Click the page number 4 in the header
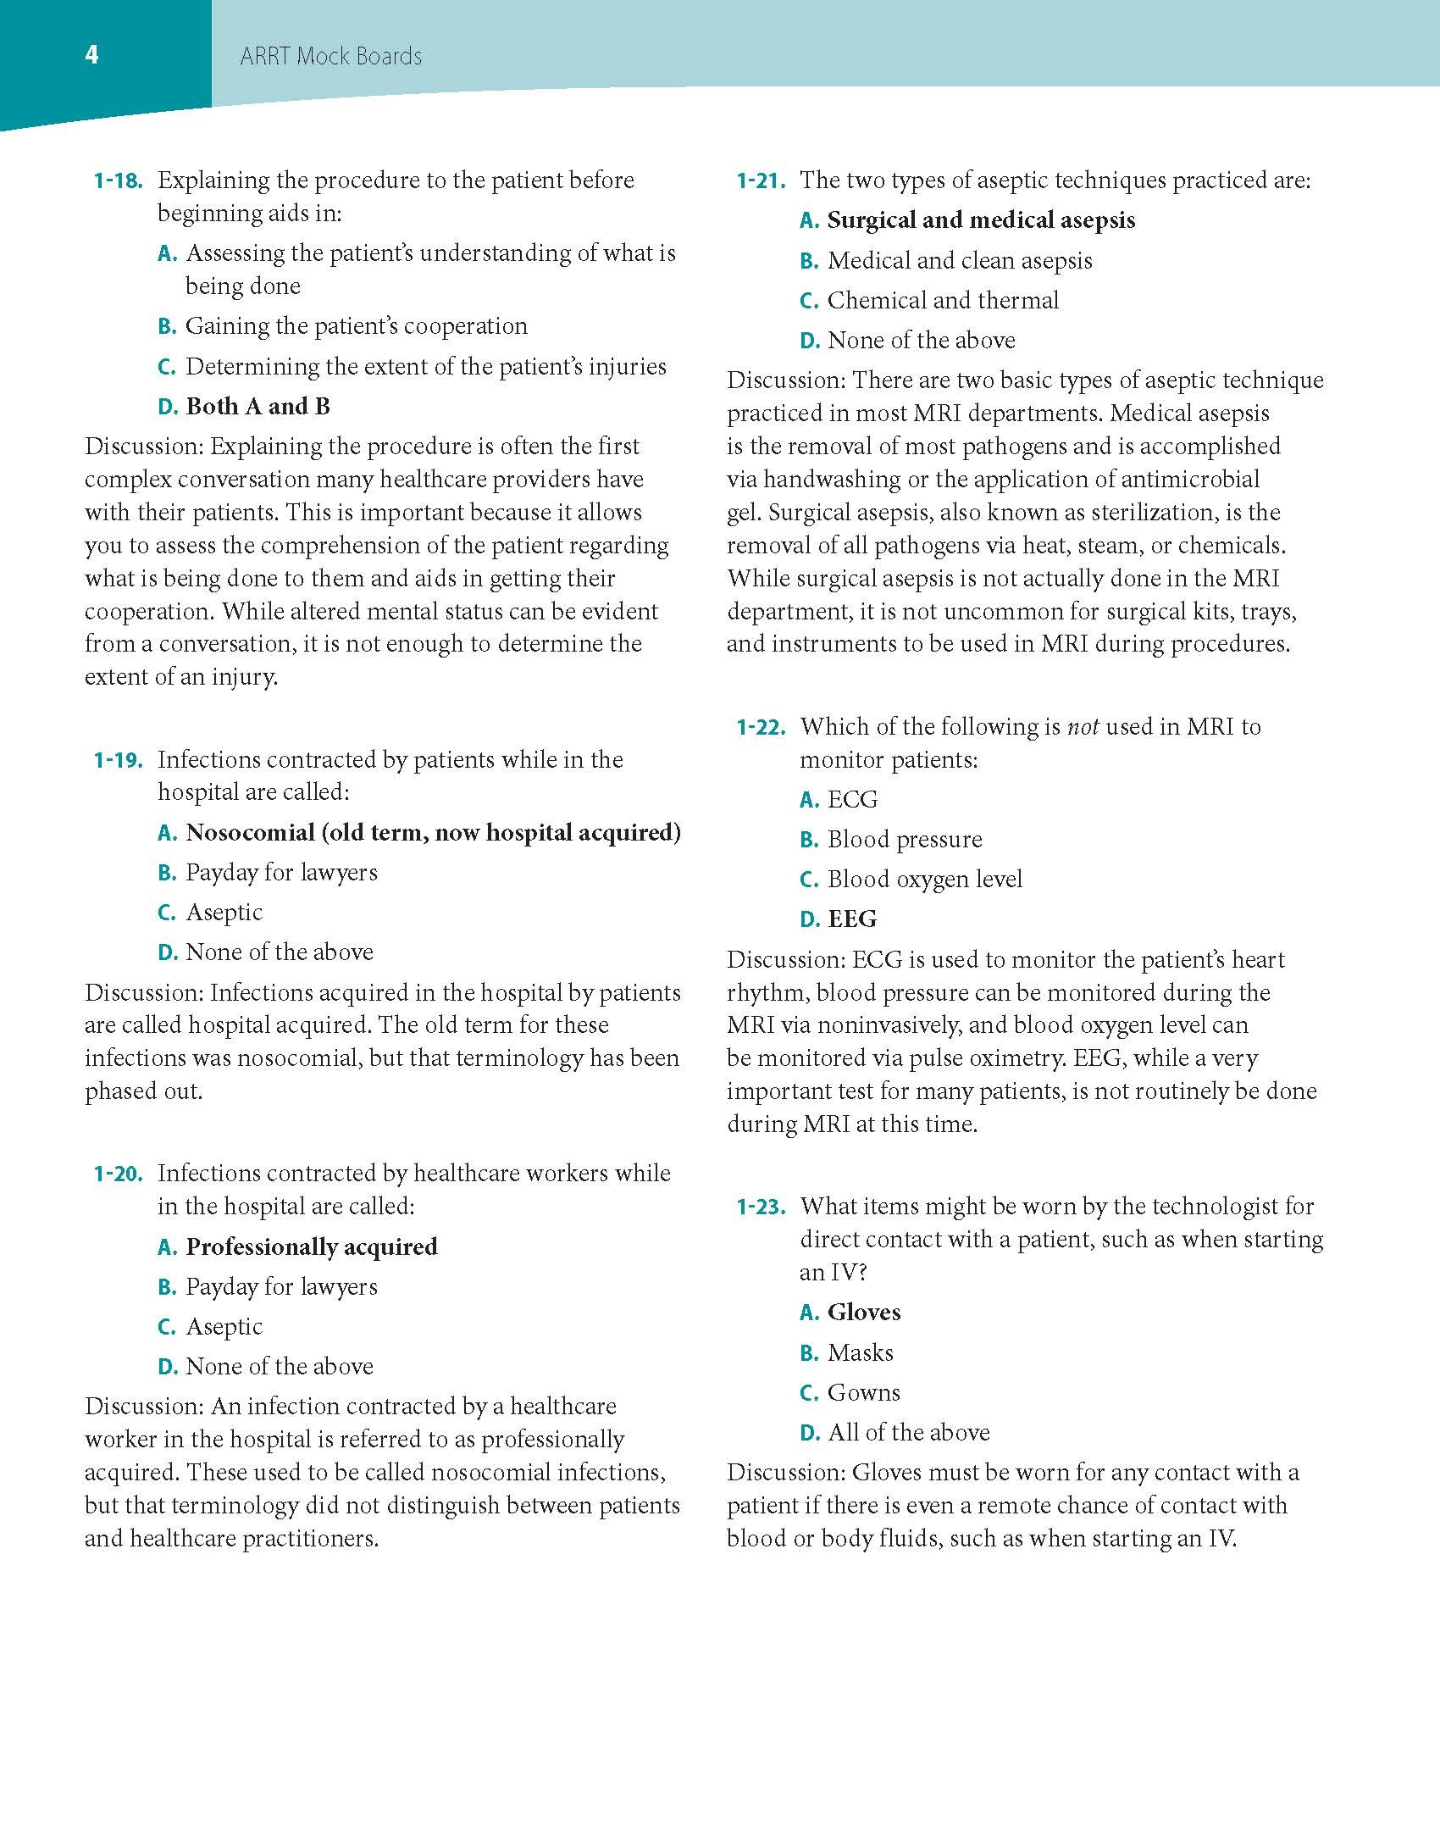91,55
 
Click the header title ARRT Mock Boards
330,57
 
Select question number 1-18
118,180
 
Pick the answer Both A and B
258,407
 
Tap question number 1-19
118,760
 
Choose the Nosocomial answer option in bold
433,833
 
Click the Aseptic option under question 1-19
224,913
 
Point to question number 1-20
118,1174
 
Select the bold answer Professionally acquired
311,1247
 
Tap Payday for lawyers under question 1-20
281,1287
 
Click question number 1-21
761,180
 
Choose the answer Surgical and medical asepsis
980,220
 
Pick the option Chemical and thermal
943,301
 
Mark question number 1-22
761,727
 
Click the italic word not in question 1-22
1083,727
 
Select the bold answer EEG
851,919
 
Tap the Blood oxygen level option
924,880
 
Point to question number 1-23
761,1207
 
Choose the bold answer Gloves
863,1313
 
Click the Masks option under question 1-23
860,1353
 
